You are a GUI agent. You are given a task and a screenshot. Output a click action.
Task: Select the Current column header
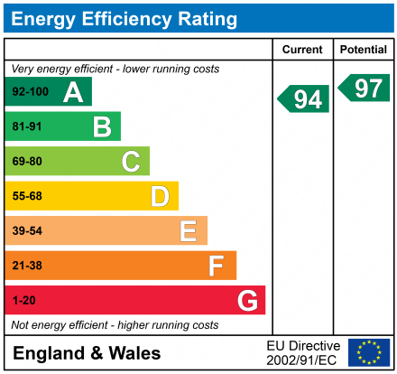302,50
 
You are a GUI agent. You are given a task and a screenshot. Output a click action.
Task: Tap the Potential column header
364,50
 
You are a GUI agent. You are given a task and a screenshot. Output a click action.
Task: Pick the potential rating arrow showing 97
365,88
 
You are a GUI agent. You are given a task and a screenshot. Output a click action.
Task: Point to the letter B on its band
102,126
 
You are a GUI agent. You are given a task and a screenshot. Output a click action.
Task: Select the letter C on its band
131,162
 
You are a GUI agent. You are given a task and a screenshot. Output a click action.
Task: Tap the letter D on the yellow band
160,196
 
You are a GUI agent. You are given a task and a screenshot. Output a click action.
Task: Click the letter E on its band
188,231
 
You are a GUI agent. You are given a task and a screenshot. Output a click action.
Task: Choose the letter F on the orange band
217,266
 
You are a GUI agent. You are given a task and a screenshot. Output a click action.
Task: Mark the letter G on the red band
246,300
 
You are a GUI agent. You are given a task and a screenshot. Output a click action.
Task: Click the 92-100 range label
30,92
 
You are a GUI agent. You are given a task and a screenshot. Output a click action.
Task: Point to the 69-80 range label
27,162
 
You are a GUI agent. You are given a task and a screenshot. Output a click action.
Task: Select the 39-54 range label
27,231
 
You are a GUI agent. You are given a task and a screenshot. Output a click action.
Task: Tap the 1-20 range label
23,300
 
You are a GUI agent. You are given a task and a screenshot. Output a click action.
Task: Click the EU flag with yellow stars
368,352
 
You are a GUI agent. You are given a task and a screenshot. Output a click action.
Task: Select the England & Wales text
87,353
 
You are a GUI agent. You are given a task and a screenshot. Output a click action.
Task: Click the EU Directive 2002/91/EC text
303,352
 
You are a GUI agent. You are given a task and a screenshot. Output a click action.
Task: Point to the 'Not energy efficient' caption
114,324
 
